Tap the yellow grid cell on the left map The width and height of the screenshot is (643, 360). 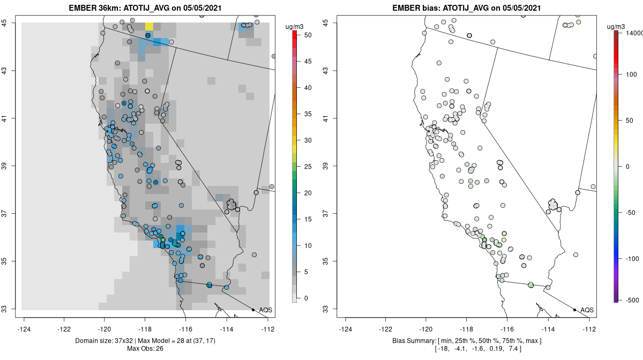coord(149,26)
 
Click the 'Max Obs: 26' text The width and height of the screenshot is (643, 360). coord(145,349)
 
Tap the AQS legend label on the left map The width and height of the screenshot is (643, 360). coord(266,310)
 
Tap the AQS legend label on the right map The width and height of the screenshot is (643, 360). coord(587,310)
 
